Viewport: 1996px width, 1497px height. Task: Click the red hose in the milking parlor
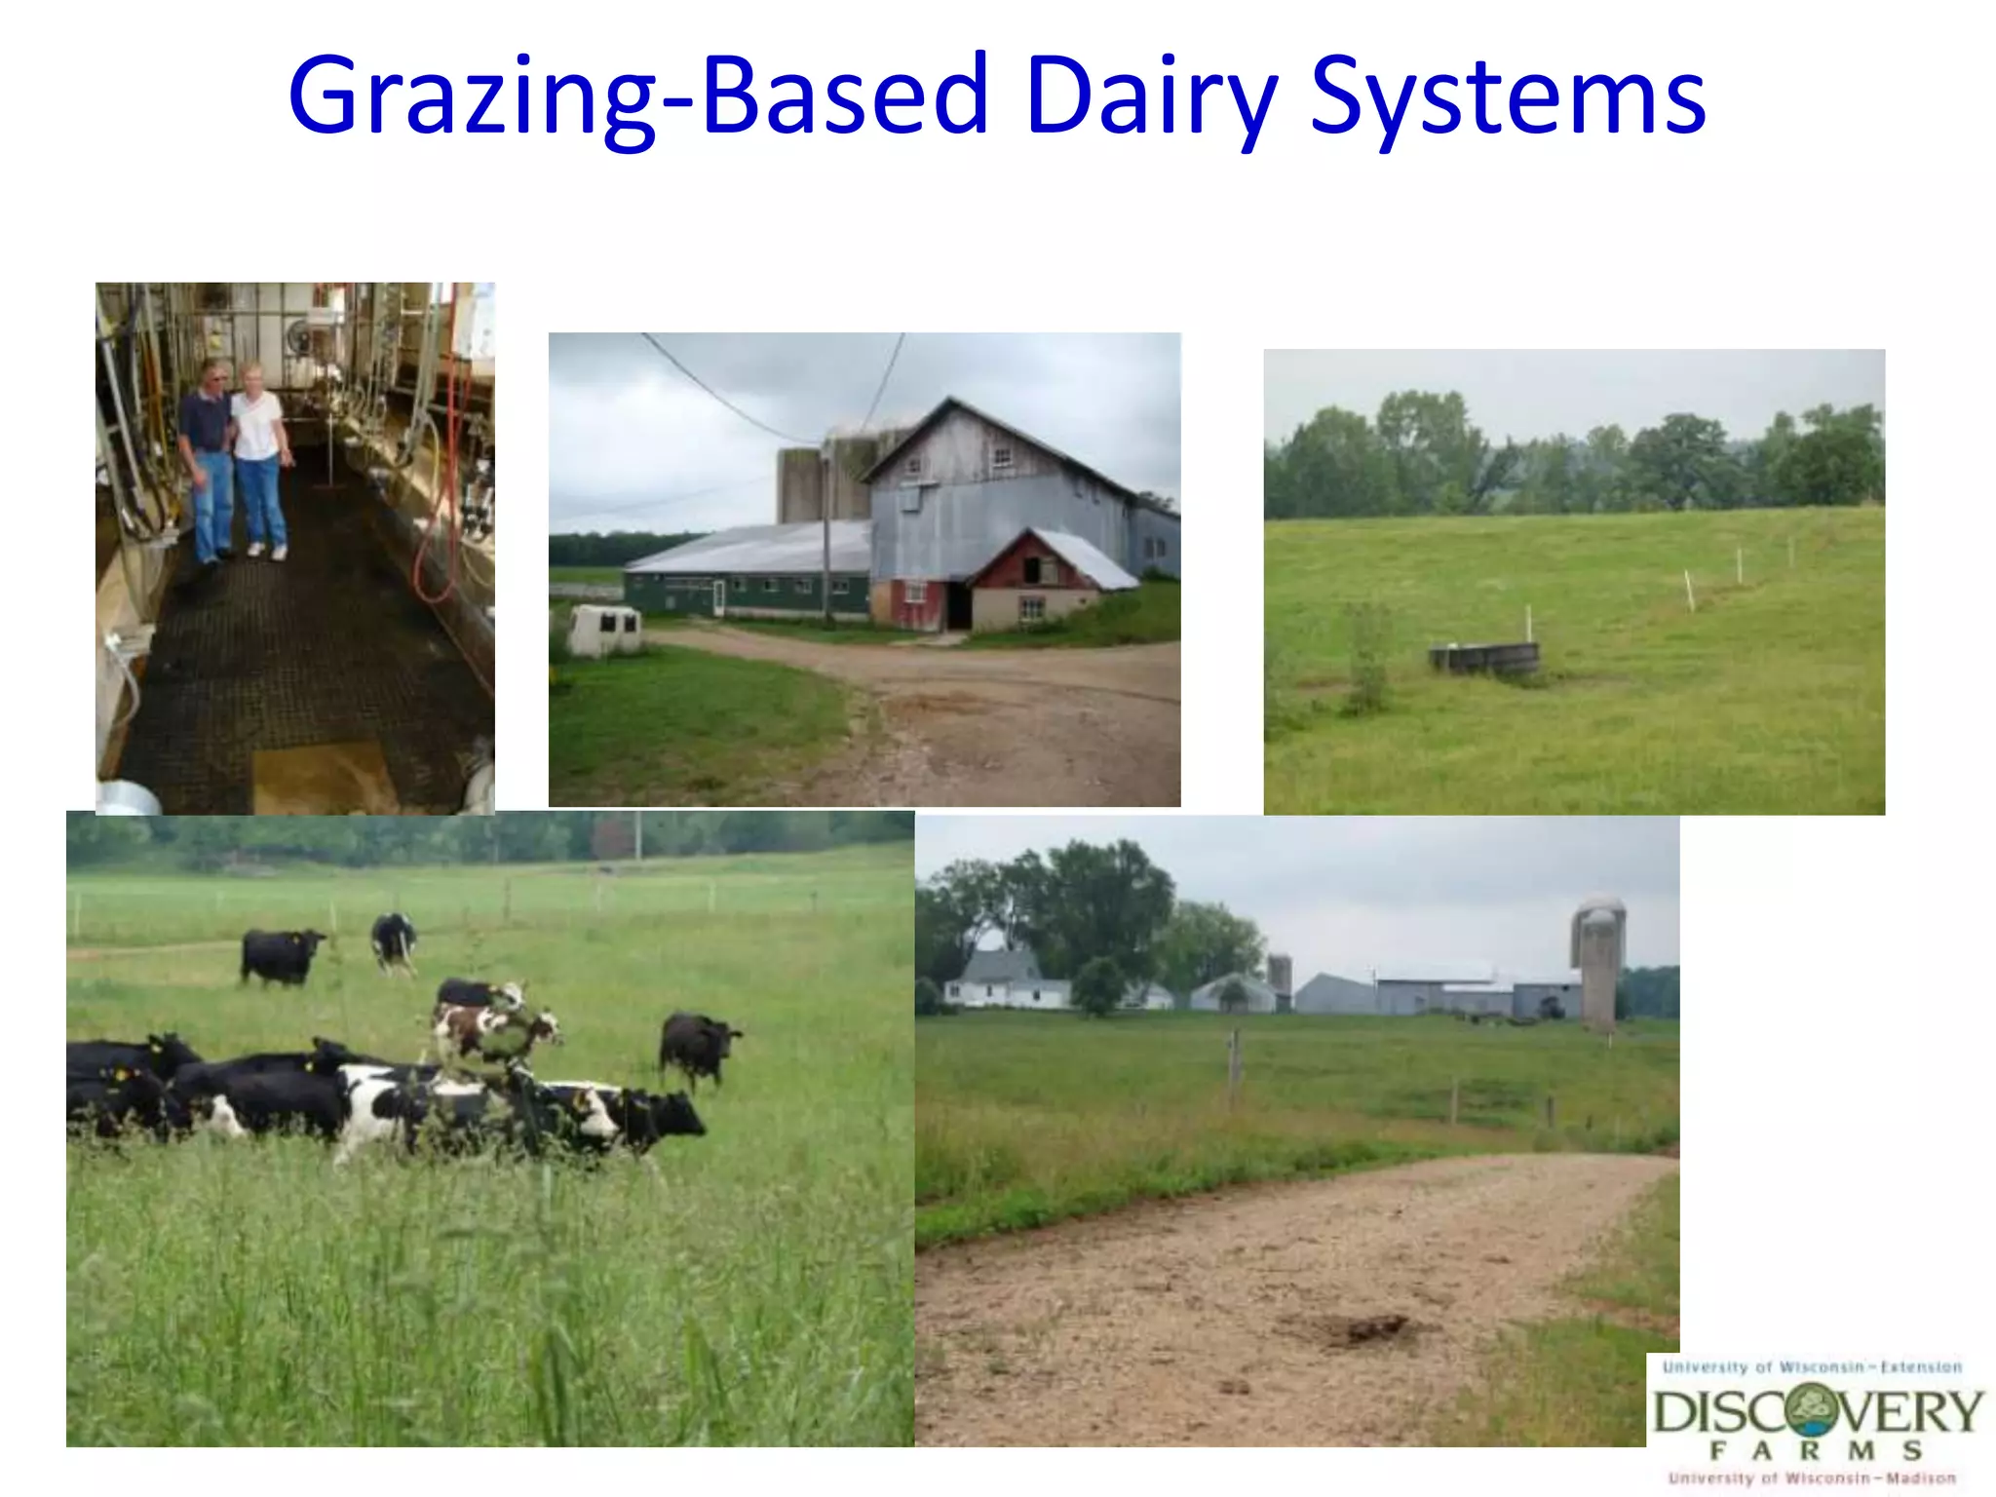point(434,546)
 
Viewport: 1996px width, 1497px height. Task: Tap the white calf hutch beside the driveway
point(605,630)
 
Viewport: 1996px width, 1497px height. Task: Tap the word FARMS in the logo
point(1815,1451)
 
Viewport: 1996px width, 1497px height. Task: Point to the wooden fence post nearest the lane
point(1234,1067)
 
